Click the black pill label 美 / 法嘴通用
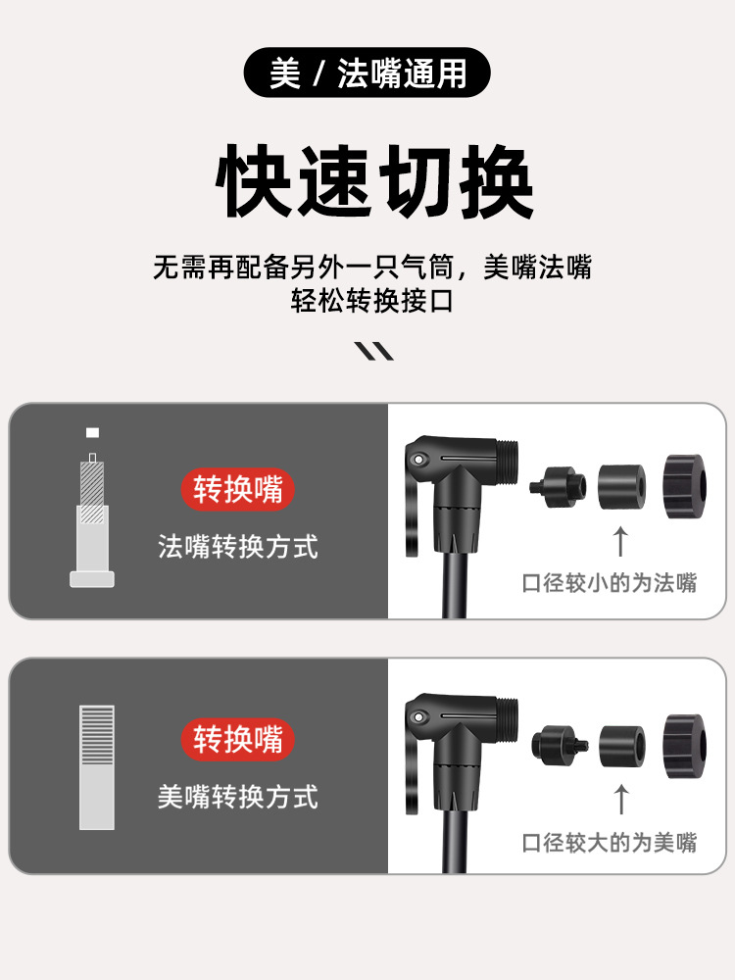click(367, 73)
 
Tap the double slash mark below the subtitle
click(373, 351)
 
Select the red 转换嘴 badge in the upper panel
click(237, 489)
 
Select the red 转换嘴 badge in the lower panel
click(237, 739)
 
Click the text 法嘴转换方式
click(238, 546)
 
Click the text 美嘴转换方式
click(238, 797)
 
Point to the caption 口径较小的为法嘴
click(610, 583)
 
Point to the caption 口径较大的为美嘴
click(610, 843)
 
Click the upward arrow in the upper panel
click(620, 541)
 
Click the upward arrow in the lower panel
click(621, 800)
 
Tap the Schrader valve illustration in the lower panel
click(97, 767)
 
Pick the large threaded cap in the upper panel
click(685, 486)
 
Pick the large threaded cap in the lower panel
click(685, 746)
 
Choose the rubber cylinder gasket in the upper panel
click(622, 487)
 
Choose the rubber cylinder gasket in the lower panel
click(622, 746)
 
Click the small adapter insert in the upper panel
click(559, 487)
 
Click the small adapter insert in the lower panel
click(560, 745)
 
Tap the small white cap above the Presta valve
click(92, 432)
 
